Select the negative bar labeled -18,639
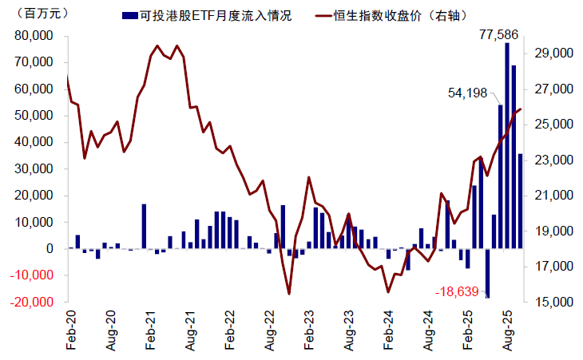pos(487,273)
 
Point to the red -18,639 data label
pos(457,292)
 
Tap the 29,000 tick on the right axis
pos(550,53)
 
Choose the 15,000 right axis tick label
pos(550,303)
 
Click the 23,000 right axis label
pos(550,160)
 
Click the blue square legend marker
pos(127,15)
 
